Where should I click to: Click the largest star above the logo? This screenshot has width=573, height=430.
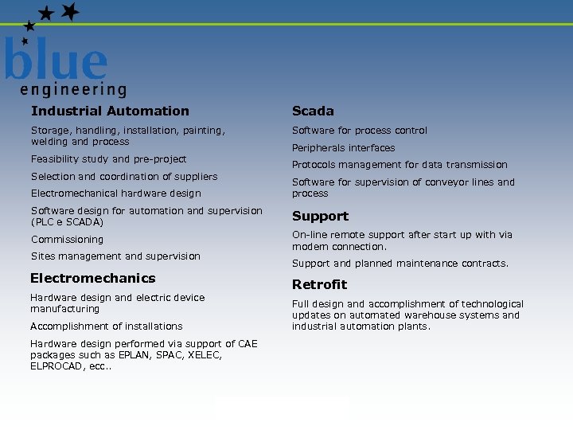coord(70,12)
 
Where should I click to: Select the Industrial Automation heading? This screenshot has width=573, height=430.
coord(110,111)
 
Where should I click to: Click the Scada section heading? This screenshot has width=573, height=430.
coord(313,111)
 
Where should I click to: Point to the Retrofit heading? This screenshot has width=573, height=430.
coord(319,285)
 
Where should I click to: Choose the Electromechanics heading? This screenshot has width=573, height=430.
coord(92,279)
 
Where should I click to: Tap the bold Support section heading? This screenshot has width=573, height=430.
coord(320,217)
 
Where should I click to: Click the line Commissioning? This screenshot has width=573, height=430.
coord(67,240)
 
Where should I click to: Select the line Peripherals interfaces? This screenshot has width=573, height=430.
coord(343,148)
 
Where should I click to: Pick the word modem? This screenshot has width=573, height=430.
coord(307,247)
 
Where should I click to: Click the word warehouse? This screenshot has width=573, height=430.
coord(430,315)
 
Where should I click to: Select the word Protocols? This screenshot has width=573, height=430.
coord(314,165)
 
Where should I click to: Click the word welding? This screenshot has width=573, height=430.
coord(49,142)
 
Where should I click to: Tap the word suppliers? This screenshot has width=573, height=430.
coord(193,177)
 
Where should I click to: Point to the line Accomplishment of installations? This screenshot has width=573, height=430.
coord(106,326)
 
